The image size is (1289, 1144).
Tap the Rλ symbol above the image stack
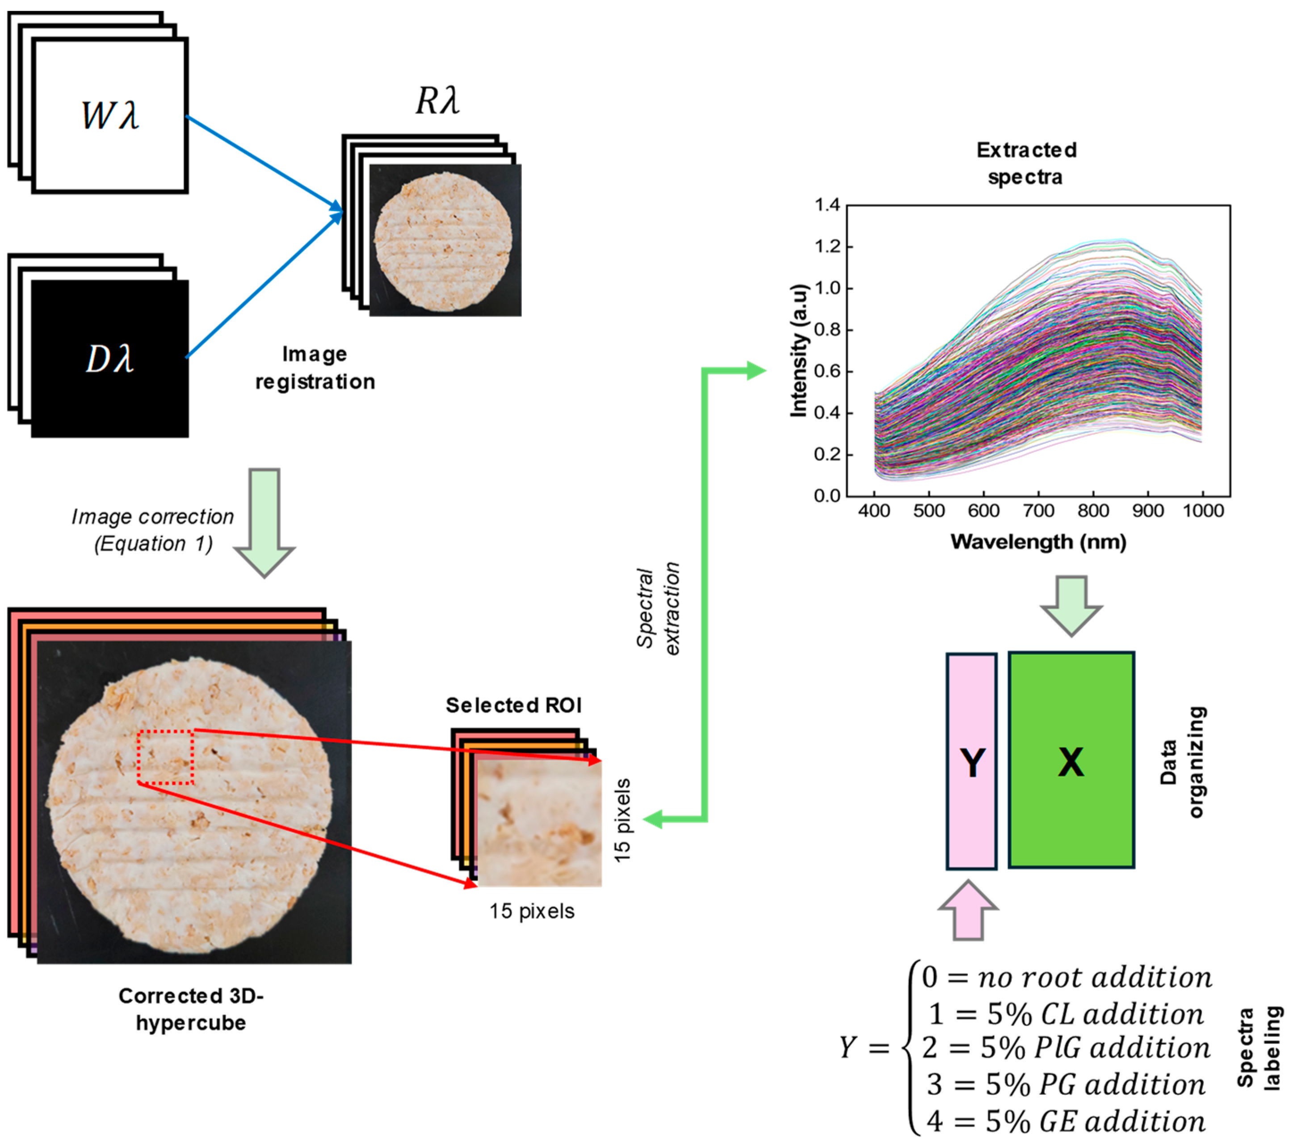click(x=437, y=100)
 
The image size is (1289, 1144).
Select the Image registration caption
click(x=315, y=368)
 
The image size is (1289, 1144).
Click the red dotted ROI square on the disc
click(x=165, y=757)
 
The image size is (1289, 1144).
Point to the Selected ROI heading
click(x=513, y=705)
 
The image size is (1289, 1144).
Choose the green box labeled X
click(x=1071, y=761)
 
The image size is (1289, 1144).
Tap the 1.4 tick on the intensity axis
click(x=827, y=205)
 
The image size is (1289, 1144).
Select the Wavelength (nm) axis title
click(x=1038, y=541)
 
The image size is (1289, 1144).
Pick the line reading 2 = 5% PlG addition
click(x=1066, y=1047)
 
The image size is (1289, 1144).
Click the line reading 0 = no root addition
click(x=1066, y=977)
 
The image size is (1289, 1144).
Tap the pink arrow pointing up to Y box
click(x=967, y=911)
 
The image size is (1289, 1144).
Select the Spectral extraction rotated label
click(x=658, y=608)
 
